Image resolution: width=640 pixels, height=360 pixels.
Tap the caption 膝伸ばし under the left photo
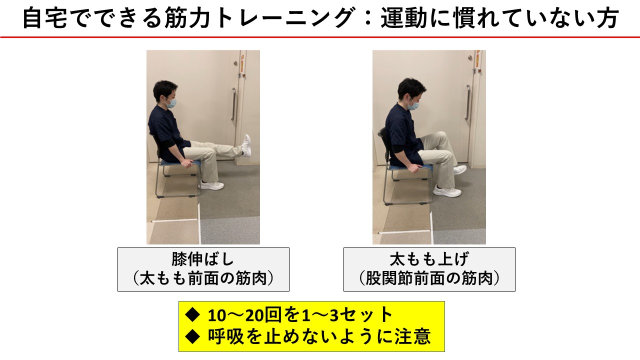pyautogui.click(x=203, y=259)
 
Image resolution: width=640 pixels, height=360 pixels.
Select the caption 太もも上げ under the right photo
pyautogui.click(x=429, y=259)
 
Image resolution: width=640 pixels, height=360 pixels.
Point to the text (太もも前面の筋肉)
pyautogui.click(x=203, y=278)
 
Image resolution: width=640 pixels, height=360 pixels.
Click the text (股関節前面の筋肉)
pyautogui.click(x=429, y=278)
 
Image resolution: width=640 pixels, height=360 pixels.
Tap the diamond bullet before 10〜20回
pyautogui.click(x=192, y=315)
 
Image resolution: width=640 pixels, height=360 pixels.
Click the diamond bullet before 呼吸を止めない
pyautogui.click(x=192, y=336)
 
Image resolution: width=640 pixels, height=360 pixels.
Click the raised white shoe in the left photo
pyautogui.click(x=246, y=145)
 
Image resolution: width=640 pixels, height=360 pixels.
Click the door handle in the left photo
pyautogui.click(x=233, y=104)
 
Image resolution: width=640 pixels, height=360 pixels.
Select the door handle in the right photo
pyautogui.click(x=468, y=102)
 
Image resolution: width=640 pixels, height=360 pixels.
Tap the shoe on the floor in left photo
pyautogui.click(x=211, y=185)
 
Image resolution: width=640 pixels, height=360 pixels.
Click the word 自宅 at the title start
pyautogui.click(x=44, y=18)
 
